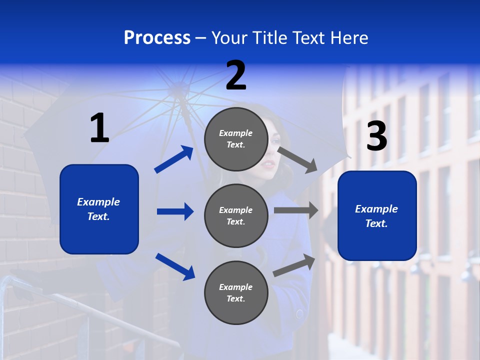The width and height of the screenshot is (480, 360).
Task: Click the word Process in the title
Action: [x=157, y=38]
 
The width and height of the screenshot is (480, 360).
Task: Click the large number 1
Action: [x=99, y=128]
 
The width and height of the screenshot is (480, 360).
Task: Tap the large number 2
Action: [x=236, y=75]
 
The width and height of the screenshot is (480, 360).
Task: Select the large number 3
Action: [x=376, y=136]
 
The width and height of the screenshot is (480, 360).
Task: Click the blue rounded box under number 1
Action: [x=99, y=209]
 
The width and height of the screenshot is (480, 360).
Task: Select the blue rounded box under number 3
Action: [x=377, y=215]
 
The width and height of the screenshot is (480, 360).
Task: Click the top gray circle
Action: [x=236, y=139]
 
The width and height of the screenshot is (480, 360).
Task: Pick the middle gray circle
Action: [x=236, y=215]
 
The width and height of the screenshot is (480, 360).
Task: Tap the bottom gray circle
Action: [x=236, y=292]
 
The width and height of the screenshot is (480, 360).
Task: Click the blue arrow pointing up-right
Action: [x=174, y=159]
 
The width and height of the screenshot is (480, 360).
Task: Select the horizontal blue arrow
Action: [x=175, y=211]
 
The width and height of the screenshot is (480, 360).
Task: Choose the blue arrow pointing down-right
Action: [x=175, y=266]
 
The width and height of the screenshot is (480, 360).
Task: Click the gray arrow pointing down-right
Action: [x=297, y=159]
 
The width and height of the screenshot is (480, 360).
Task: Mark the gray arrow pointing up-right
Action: [x=294, y=265]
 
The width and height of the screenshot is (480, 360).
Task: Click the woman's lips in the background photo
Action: [x=269, y=164]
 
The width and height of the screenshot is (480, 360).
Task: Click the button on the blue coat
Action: [x=299, y=314]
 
